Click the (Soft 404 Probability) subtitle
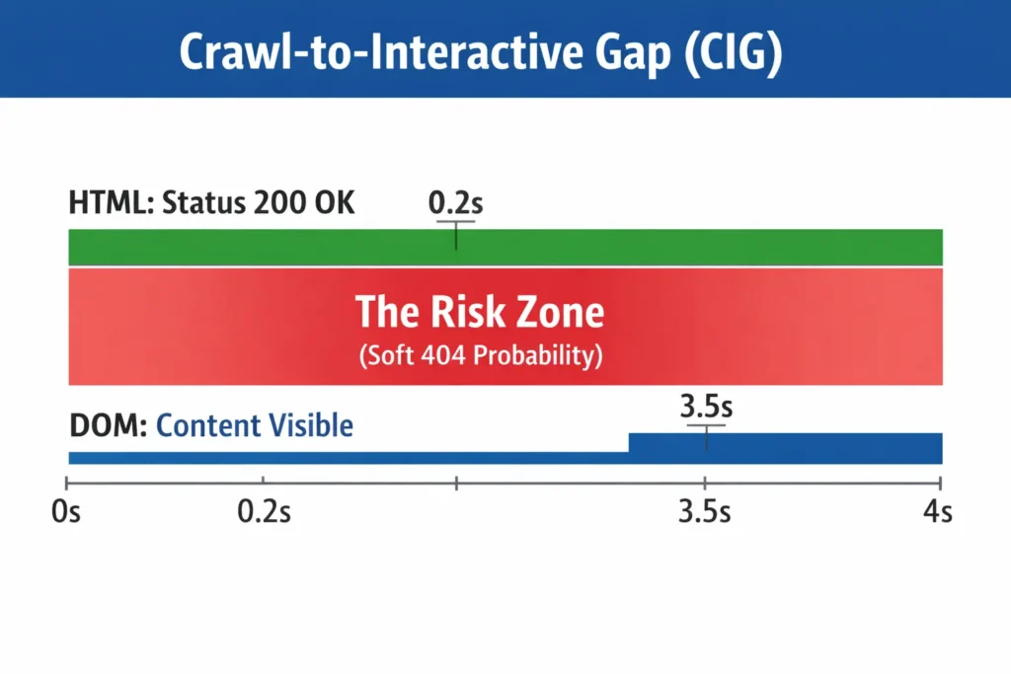click(480, 355)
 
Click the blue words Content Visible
click(254, 425)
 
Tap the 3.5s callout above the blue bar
click(706, 407)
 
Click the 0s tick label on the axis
click(66, 514)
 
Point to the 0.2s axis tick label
click(264, 514)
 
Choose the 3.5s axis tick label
click(704, 514)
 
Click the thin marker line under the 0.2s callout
click(455, 235)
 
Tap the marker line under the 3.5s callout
click(706, 437)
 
